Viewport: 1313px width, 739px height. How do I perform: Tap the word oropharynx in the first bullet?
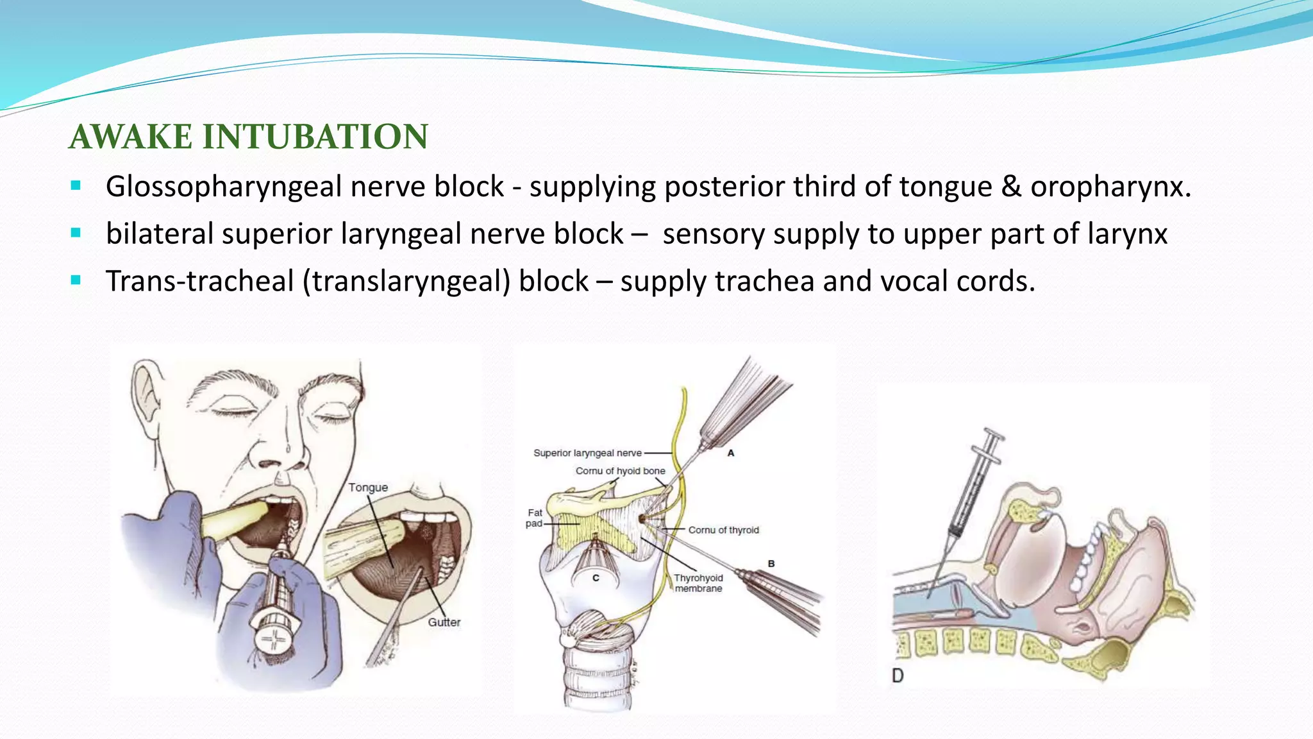1109,187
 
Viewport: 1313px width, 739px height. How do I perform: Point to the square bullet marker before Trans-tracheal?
76,280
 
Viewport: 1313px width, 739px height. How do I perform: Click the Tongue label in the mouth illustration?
368,488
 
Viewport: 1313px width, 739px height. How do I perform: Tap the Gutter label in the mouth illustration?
444,622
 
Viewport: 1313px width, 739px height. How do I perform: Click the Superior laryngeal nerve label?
587,453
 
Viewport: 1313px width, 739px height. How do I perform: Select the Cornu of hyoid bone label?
620,471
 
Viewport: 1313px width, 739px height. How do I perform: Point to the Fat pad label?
535,518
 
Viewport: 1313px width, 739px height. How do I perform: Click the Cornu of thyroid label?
723,530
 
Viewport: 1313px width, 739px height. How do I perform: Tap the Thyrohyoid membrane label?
698,583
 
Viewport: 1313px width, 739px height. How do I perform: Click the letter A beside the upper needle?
730,453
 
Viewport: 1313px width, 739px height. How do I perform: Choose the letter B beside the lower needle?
771,563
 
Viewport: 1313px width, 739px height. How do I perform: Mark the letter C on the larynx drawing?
596,578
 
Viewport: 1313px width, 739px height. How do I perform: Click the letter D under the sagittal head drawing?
898,675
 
